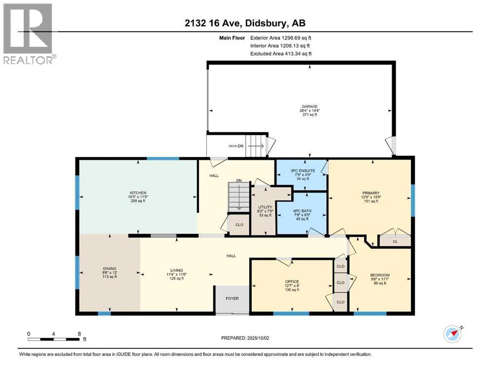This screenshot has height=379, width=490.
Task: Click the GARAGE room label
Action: (x=309, y=106)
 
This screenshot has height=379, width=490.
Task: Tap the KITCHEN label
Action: (x=138, y=193)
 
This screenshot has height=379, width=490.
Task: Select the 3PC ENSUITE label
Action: (x=302, y=170)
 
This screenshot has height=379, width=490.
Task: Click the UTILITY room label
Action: (x=264, y=207)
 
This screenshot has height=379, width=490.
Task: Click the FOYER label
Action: (x=232, y=298)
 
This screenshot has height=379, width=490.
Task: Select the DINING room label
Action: (x=110, y=268)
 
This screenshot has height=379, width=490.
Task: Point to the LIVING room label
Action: (x=177, y=270)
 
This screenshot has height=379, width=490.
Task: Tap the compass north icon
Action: (x=452, y=334)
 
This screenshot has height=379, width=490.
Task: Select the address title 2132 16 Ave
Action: (x=244, y=23)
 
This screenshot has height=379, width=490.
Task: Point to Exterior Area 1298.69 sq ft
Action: (x=281, y=38)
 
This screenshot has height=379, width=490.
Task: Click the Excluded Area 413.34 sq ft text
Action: (x=281, y=53)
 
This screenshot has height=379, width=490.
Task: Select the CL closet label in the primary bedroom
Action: (x=395, y=242)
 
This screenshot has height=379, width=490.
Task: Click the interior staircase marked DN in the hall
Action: (x=238, y=195)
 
